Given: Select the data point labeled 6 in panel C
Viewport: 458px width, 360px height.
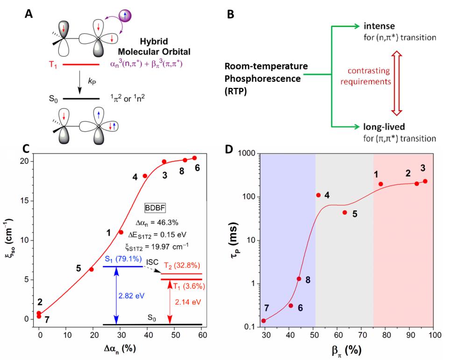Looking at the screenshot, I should pos(194,158).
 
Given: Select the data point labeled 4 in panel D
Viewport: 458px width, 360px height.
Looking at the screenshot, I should pos(318,195).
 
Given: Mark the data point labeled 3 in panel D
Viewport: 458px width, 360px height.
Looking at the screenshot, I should pos(425,181).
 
